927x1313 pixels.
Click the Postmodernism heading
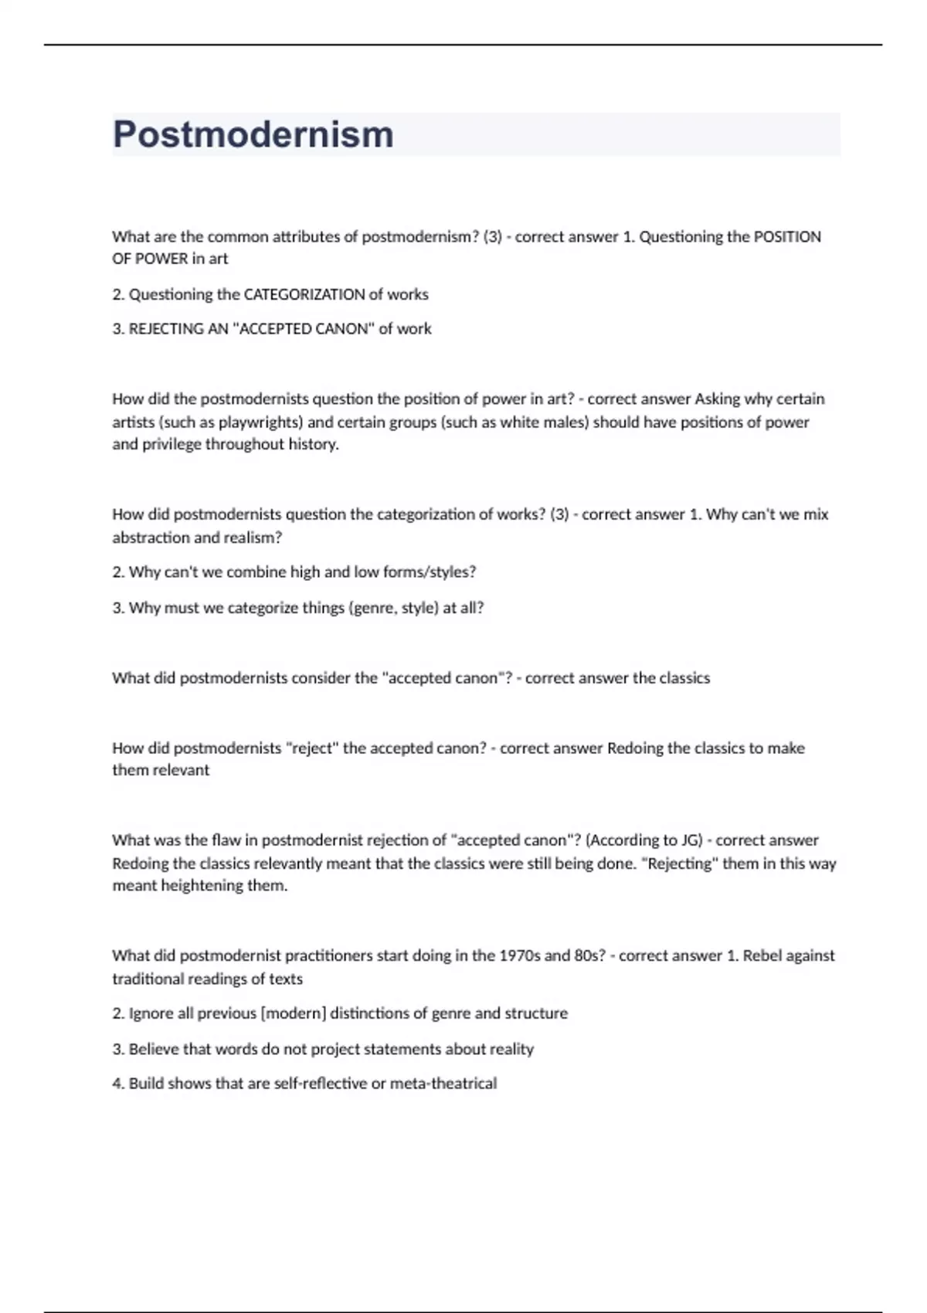tap(253, 134)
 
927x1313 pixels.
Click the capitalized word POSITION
tap(787, 237)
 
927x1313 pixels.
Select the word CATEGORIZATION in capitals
tap(304, 294)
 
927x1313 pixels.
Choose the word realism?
tap(253, 538)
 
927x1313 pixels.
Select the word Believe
tap(154, 1049)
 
